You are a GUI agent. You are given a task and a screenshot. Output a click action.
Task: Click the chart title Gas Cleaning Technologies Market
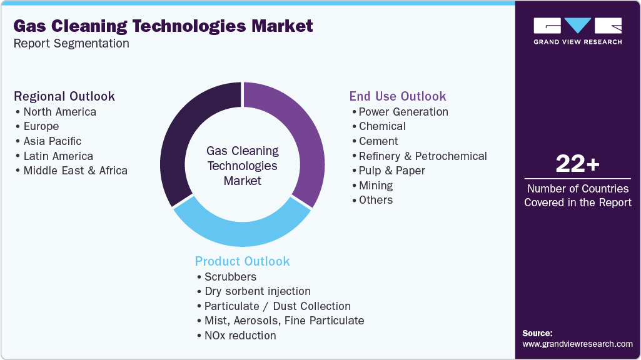tap(163, 26)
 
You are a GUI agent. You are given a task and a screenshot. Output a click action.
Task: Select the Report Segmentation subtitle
tap(71, 44)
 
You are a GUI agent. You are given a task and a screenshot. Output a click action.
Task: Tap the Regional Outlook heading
tap(64, 96)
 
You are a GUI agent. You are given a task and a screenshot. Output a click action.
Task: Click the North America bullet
tap(59, 112)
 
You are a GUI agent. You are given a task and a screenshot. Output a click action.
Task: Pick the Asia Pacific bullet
tap(53, 141)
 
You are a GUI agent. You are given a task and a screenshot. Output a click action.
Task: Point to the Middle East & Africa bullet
tap(75, 171)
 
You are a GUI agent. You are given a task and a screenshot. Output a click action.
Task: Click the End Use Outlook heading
tap(398, 96)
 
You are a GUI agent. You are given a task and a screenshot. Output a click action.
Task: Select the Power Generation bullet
tap(403, 112)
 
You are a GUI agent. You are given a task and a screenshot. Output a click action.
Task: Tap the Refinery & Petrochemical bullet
tap(423, 156)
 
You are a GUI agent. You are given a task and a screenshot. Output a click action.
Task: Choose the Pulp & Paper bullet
tap(391, 171)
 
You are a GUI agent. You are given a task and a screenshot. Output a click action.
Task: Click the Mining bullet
tap(376, 186)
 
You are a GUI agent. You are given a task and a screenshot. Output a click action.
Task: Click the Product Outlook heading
tap(243, 261)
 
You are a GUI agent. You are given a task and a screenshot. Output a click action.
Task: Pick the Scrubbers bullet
tap(230, 276)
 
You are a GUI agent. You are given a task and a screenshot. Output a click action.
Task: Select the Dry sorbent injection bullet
tap(257, 291)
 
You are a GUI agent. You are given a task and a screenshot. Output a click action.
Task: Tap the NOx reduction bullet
tap(240, 336)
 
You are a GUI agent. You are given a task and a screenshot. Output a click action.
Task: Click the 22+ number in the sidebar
tap(578, 164)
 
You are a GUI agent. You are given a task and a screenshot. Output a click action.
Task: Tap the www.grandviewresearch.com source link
tap(577, 344)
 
